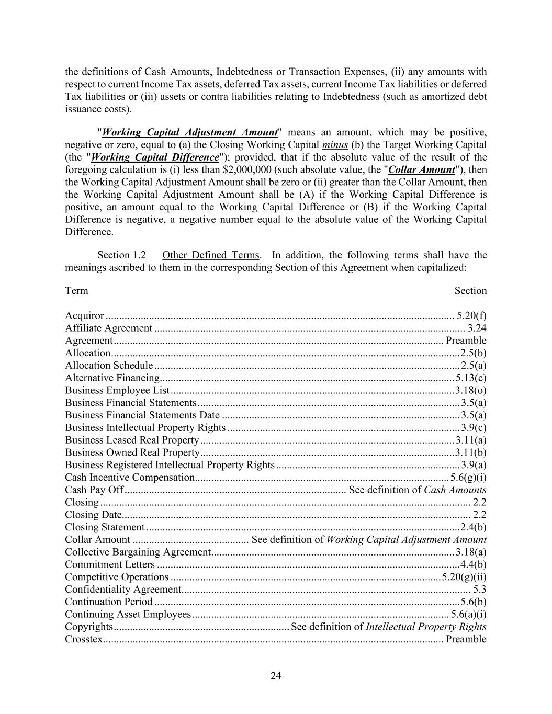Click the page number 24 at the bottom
276,676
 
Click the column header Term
76,291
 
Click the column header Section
470,291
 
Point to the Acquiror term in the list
84,315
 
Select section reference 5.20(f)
471,315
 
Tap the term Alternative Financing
112,378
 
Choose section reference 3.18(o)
470,390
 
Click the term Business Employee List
117,390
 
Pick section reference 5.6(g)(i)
469,477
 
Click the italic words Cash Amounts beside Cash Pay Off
455,490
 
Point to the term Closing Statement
105,527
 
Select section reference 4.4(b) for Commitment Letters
473,564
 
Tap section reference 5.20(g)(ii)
464,577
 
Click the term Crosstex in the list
84,639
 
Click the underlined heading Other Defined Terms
210,255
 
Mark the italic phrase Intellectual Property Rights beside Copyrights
426,627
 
